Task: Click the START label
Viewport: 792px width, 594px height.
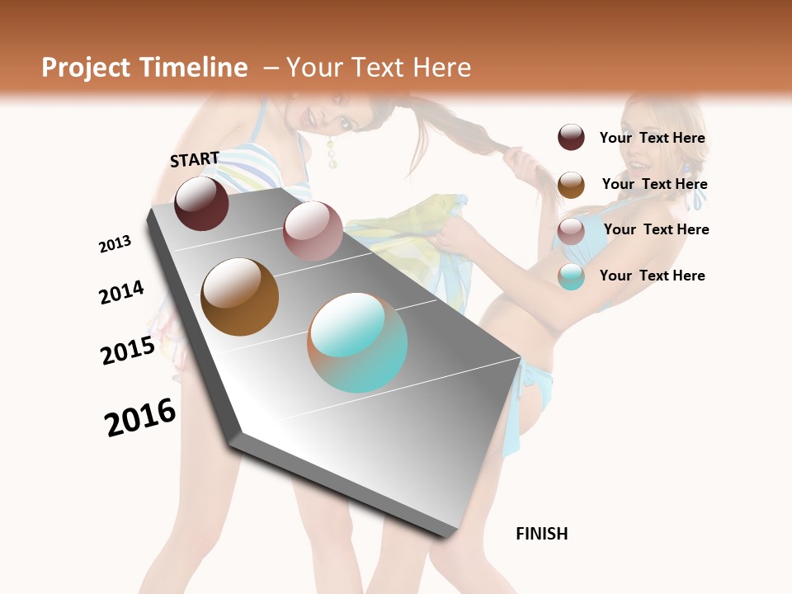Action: tap(195, 159)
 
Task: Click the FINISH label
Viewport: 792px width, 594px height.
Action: tap(542, 534)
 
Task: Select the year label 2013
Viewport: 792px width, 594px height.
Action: tap(115, 244)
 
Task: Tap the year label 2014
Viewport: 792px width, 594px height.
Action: tap(121, 292)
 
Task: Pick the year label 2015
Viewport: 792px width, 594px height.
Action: tap(128, 351)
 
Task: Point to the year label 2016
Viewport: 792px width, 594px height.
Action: tap(140, 417)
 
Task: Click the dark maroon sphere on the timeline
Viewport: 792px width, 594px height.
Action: tap(201, 203)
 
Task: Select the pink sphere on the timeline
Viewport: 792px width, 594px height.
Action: tap(313, 231)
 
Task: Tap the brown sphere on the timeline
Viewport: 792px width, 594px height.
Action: tap(239, 297)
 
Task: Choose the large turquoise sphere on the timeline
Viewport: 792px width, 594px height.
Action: tap(357, 342)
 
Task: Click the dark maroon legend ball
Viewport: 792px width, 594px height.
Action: tap(571, 137)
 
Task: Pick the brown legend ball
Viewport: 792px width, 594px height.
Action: tap(571, 185)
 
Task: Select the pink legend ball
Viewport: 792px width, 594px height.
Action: tap(571, 231)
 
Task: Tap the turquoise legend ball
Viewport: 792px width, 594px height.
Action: tap(571, 276)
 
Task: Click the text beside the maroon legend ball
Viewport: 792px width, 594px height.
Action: tap(652, 138)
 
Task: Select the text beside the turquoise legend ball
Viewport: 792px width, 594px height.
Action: tap(652, 276)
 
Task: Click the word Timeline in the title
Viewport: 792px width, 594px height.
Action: tap(194, 68)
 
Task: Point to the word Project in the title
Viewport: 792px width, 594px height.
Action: tap(86, 68)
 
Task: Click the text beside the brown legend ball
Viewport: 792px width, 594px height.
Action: tap(654, 184)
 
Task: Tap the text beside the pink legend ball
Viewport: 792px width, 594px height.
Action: tap(656, 229)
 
